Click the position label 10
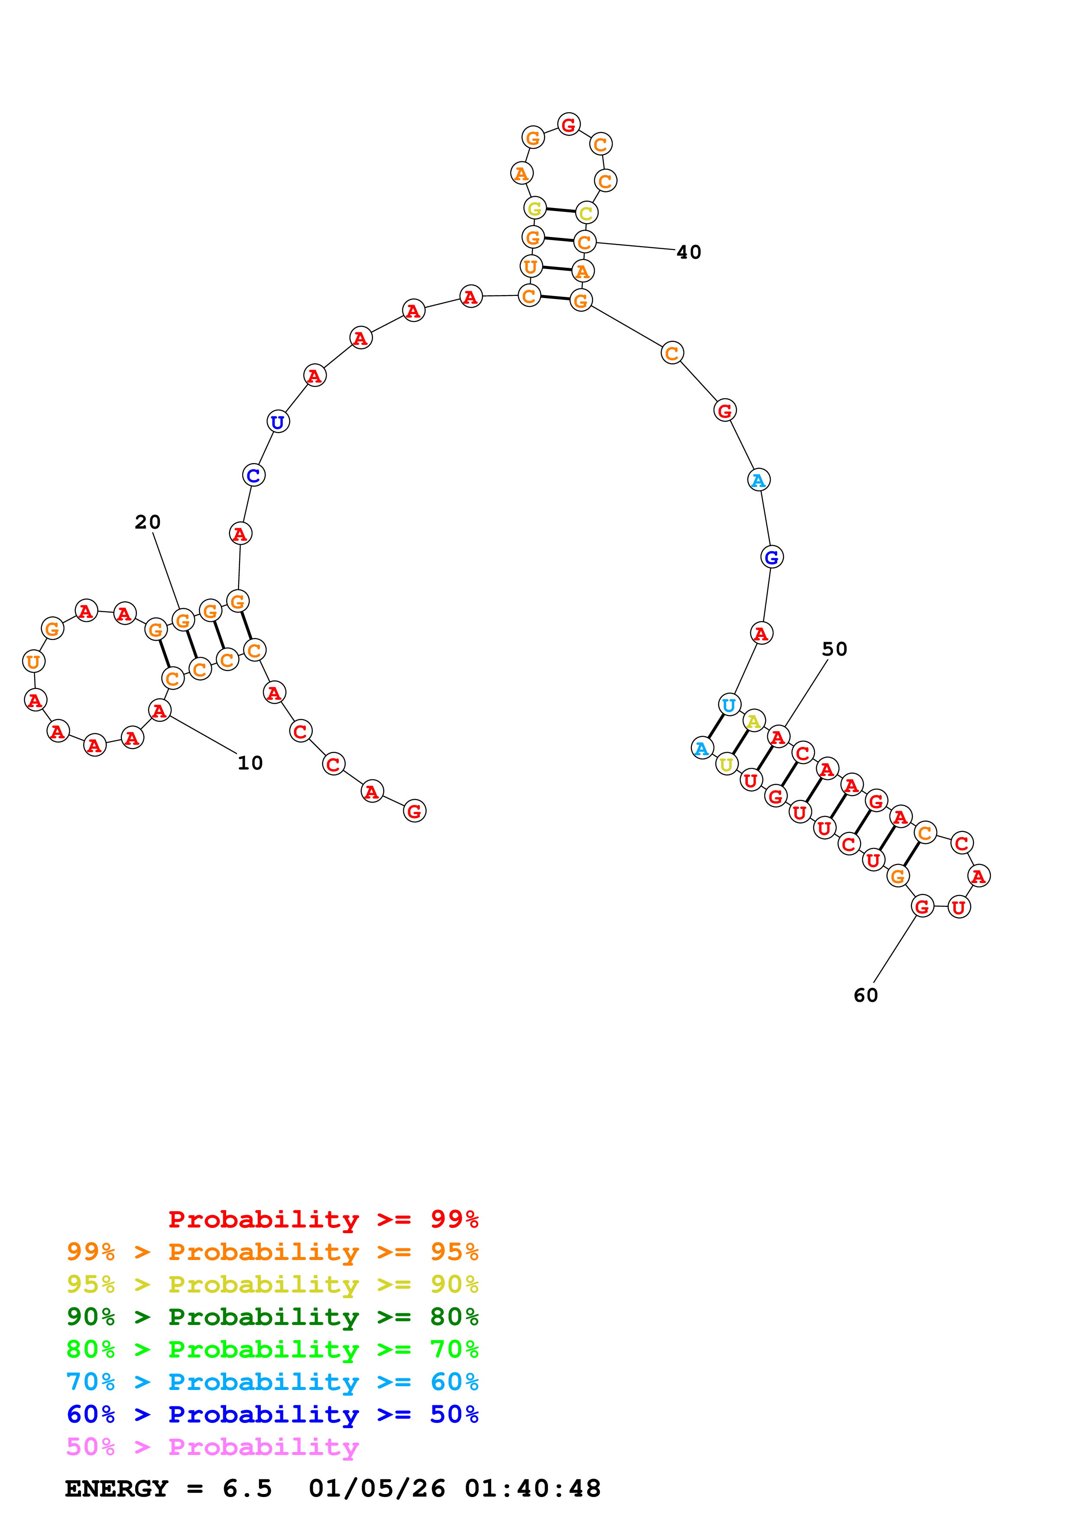click(250, 763)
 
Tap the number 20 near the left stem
click(148, 522)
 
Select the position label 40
click(689, 252)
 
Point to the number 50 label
click(834, 650)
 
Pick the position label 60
click(866, 996)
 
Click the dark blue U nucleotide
click(278, 421)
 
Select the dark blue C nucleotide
click(253, 475)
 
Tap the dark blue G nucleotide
click(772, 557)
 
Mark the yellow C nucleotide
click(586, 213)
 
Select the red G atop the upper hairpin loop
click(568, 124)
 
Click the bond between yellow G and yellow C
click(561, 211)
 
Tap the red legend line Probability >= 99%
click(323, 1219)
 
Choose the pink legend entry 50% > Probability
click(212, 1446)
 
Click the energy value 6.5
click(247, 1488)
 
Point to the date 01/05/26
click(376, 1488)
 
